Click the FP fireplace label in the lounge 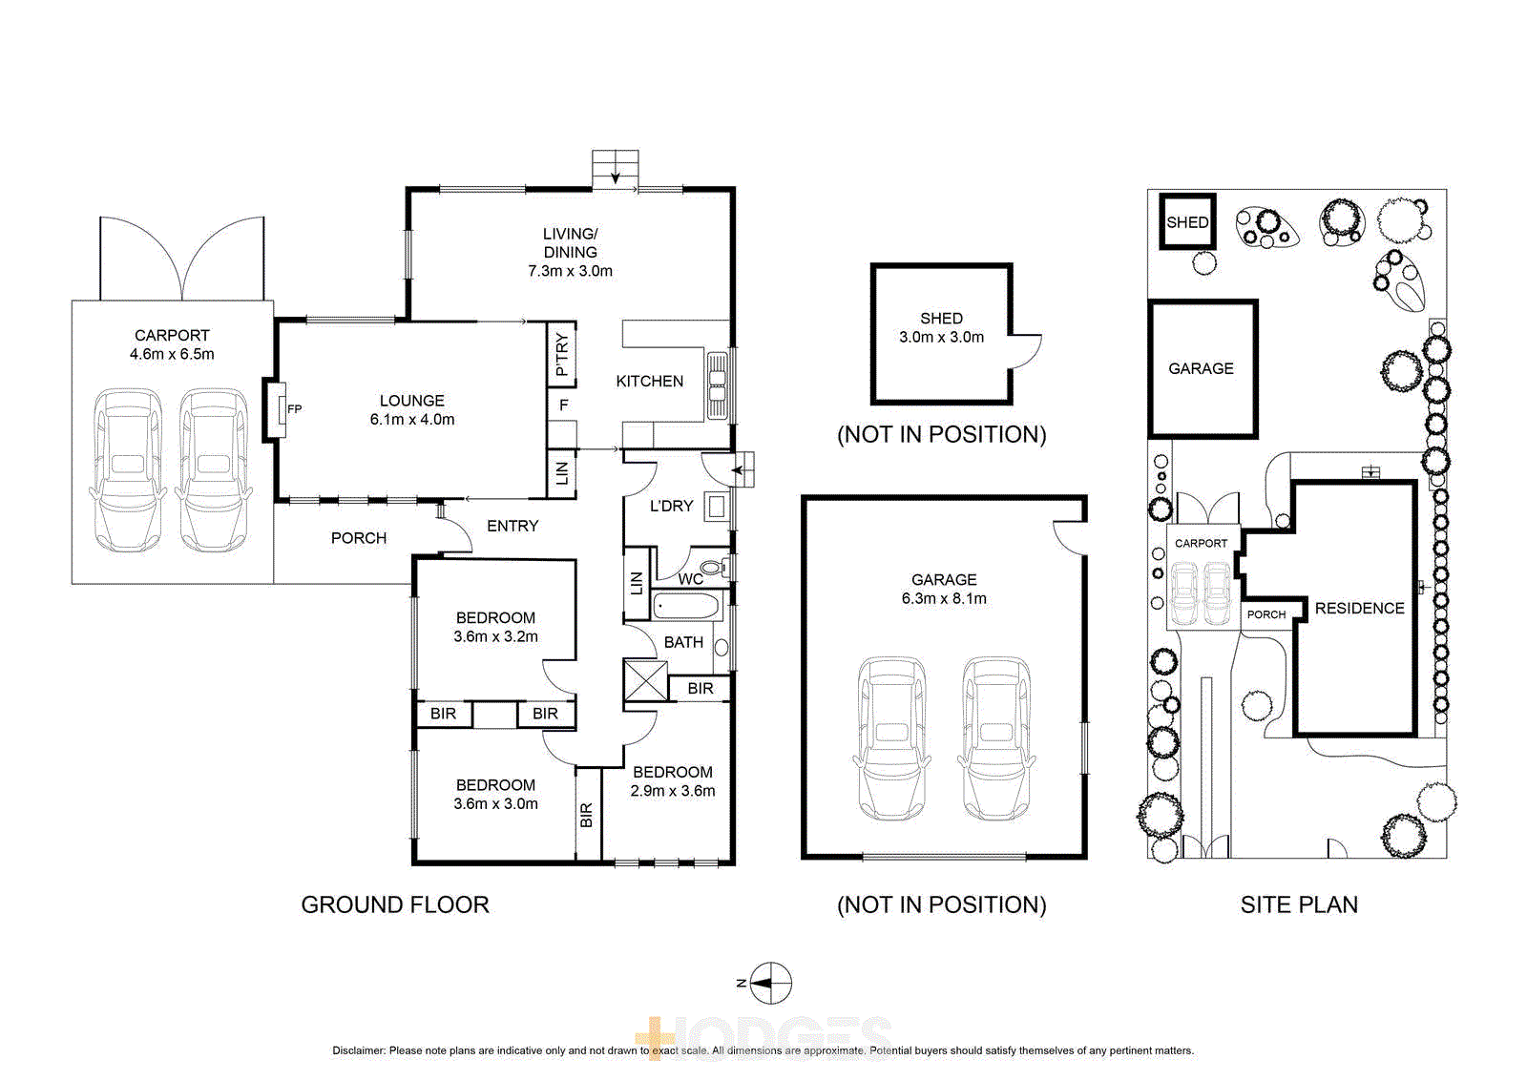click(294, 409)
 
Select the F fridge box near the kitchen click(563, 405)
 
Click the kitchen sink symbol click(716, 385)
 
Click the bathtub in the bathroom click(686, 606)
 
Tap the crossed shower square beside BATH click(645, 681)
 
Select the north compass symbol click(770, 983)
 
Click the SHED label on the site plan click(1187, 222)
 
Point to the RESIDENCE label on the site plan click(1359, 609)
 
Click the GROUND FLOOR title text click(395, 904)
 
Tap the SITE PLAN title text click(1299, 904)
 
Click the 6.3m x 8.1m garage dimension click(944, 599)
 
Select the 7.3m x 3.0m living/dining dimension click(570, 271)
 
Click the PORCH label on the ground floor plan click(359, 538)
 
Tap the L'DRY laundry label click(671, 506)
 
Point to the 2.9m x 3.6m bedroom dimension click(672, 791)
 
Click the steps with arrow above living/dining click(615, 169)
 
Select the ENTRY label click(512, 526)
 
